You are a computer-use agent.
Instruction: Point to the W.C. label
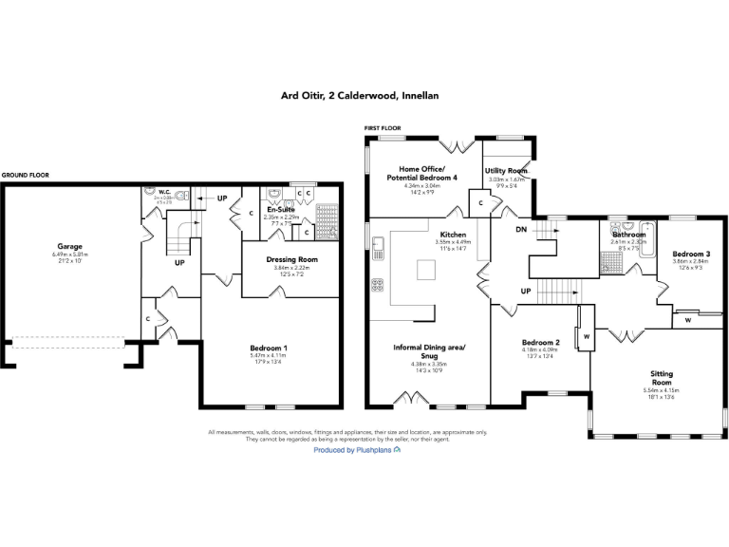163,190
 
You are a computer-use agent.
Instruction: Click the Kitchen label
453,234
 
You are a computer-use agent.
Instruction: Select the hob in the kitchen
378,284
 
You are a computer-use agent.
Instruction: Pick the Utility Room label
505,171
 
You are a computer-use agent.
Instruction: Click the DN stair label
521,229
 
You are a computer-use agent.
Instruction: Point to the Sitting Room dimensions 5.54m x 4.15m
654,390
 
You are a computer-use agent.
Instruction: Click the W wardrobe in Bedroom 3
686,320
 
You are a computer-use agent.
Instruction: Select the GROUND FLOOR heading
25,176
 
